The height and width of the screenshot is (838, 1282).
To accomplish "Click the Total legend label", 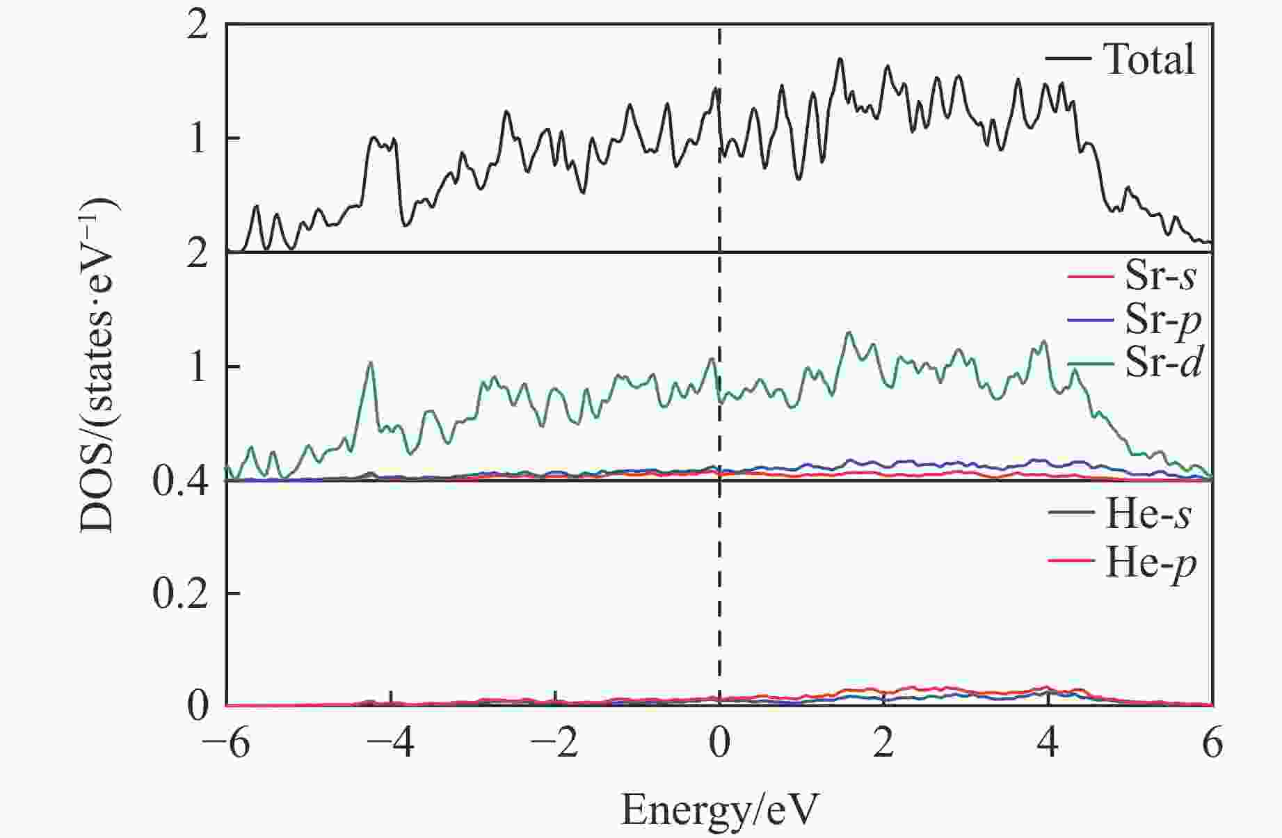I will point(1148,60).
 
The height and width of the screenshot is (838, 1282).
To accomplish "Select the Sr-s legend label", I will point(1160,276).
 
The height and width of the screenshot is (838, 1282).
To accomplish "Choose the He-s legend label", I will point(1148,515).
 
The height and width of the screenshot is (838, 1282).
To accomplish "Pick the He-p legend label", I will point(1151,563).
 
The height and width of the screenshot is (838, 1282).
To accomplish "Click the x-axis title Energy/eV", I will point(719,809).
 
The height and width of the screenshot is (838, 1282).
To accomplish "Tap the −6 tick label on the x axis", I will point(225,745).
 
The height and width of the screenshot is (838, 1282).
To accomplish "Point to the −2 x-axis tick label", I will point(554,745).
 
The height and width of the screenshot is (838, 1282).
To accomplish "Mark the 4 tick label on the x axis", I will point(1047,745).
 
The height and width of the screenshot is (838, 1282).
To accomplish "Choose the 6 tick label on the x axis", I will point(1212,745).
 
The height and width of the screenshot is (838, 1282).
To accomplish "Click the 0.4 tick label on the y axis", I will point(180,481).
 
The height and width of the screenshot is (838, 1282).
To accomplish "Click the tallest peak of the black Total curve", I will point(840,59).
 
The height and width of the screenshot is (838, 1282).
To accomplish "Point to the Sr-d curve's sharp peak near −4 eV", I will point(371,363).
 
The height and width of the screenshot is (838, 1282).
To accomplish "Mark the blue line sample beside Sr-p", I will point(1090,321).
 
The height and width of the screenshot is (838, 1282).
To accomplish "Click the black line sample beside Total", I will point(1068,58).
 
